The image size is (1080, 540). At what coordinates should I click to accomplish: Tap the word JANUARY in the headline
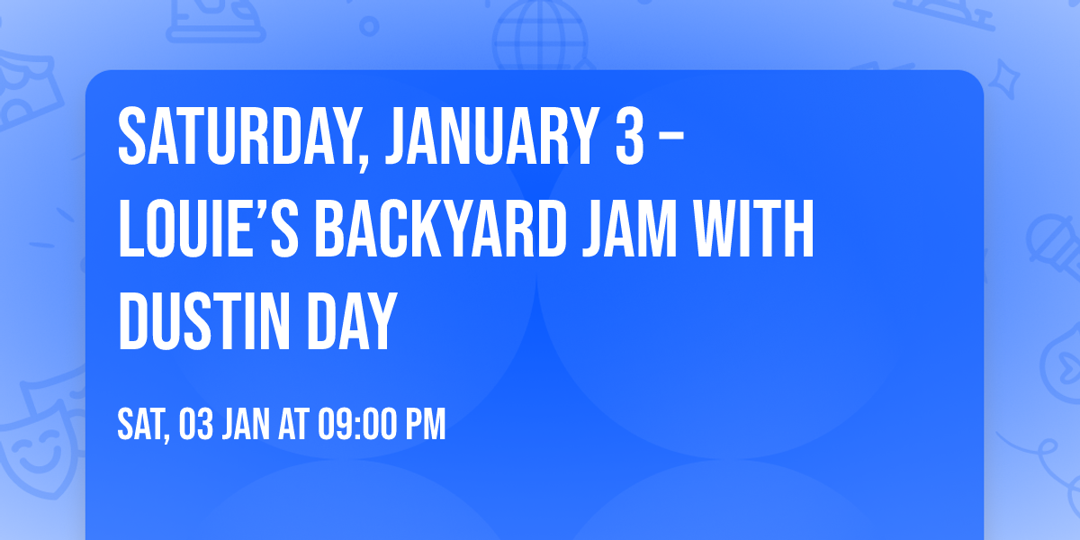pyautogui.click(x=481, y=138)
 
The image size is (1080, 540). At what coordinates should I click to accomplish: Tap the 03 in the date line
pyautogui.click(x=196, y=424)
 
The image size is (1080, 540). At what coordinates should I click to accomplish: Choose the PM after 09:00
pyautogui.click(x=425, y=424)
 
